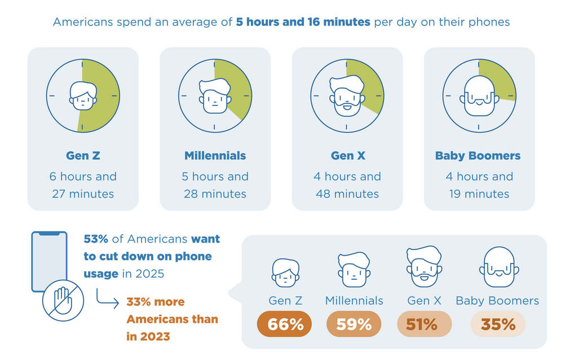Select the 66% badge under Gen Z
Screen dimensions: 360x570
tap(284, 324)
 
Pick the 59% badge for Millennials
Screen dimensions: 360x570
tap(354, 324)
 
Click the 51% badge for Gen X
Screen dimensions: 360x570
tap(424, 324)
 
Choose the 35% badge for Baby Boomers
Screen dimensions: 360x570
tap(497, 324)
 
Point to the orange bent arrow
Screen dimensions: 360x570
tap(107, 300)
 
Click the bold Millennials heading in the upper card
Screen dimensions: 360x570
tap(215, 156)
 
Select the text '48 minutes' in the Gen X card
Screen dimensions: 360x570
tap(347, 194)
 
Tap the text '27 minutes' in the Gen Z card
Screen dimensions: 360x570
tap(82, 194)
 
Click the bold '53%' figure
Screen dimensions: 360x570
tap(96, 239)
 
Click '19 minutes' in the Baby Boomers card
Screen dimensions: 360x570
tap(479, 194)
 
